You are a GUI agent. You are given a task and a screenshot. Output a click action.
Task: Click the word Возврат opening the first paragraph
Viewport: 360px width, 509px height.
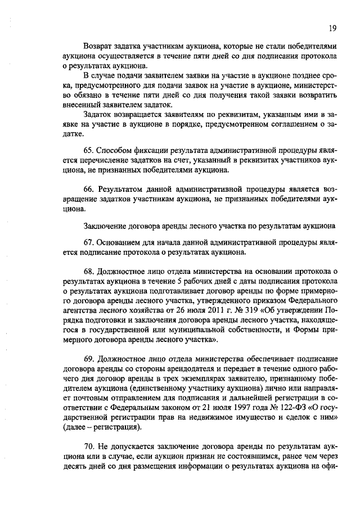tap(98, 44)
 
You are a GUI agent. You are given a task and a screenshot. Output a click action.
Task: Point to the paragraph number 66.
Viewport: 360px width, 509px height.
tap(88, 190)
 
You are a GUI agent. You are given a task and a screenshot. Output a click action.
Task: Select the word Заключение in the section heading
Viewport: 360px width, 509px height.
tap(103, 227)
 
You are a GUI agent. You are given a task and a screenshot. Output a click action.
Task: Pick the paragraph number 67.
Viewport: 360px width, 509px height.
tap(88, 242)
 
